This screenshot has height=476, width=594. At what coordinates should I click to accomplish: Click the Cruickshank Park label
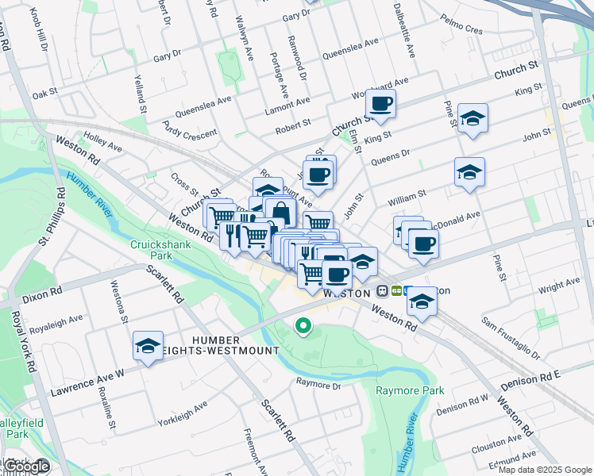coord(151,251)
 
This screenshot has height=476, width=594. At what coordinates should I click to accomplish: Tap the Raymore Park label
coord(410,390)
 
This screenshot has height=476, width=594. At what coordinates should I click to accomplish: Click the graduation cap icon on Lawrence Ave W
coord(148,346)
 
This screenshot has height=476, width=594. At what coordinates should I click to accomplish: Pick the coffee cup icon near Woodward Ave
coord(381,104)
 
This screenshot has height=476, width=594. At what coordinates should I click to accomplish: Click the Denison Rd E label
coord(531,379)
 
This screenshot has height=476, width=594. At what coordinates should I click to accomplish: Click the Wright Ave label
coord(559,286)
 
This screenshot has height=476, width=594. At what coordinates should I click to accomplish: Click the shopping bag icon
coord(281,212)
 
